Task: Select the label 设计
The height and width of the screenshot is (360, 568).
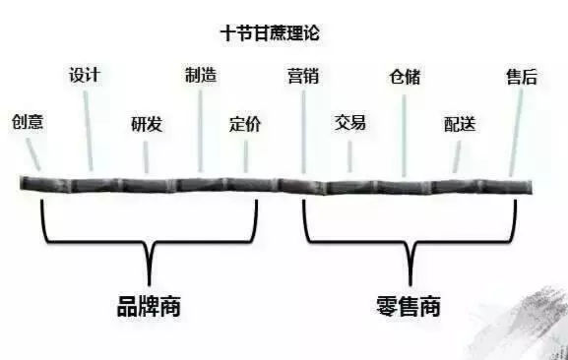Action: coord(85,76)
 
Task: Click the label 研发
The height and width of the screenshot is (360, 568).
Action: coord(147,125)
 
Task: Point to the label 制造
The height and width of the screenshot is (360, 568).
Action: coord(201,75)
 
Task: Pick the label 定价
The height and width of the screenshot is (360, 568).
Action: coord(245,125)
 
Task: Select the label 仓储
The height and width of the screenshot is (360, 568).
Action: coord(405,77)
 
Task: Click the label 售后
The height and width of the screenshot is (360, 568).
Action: coord(521,76)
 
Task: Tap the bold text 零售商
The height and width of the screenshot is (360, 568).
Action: coord(408,306)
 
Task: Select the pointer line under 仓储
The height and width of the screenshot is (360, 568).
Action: coord(405,133)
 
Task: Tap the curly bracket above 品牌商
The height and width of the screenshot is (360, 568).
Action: coord(150,236)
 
